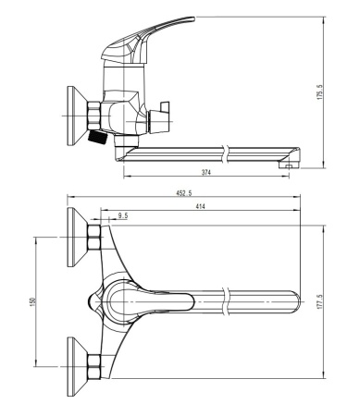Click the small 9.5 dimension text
123,215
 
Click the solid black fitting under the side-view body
95,139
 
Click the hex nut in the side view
93,116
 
